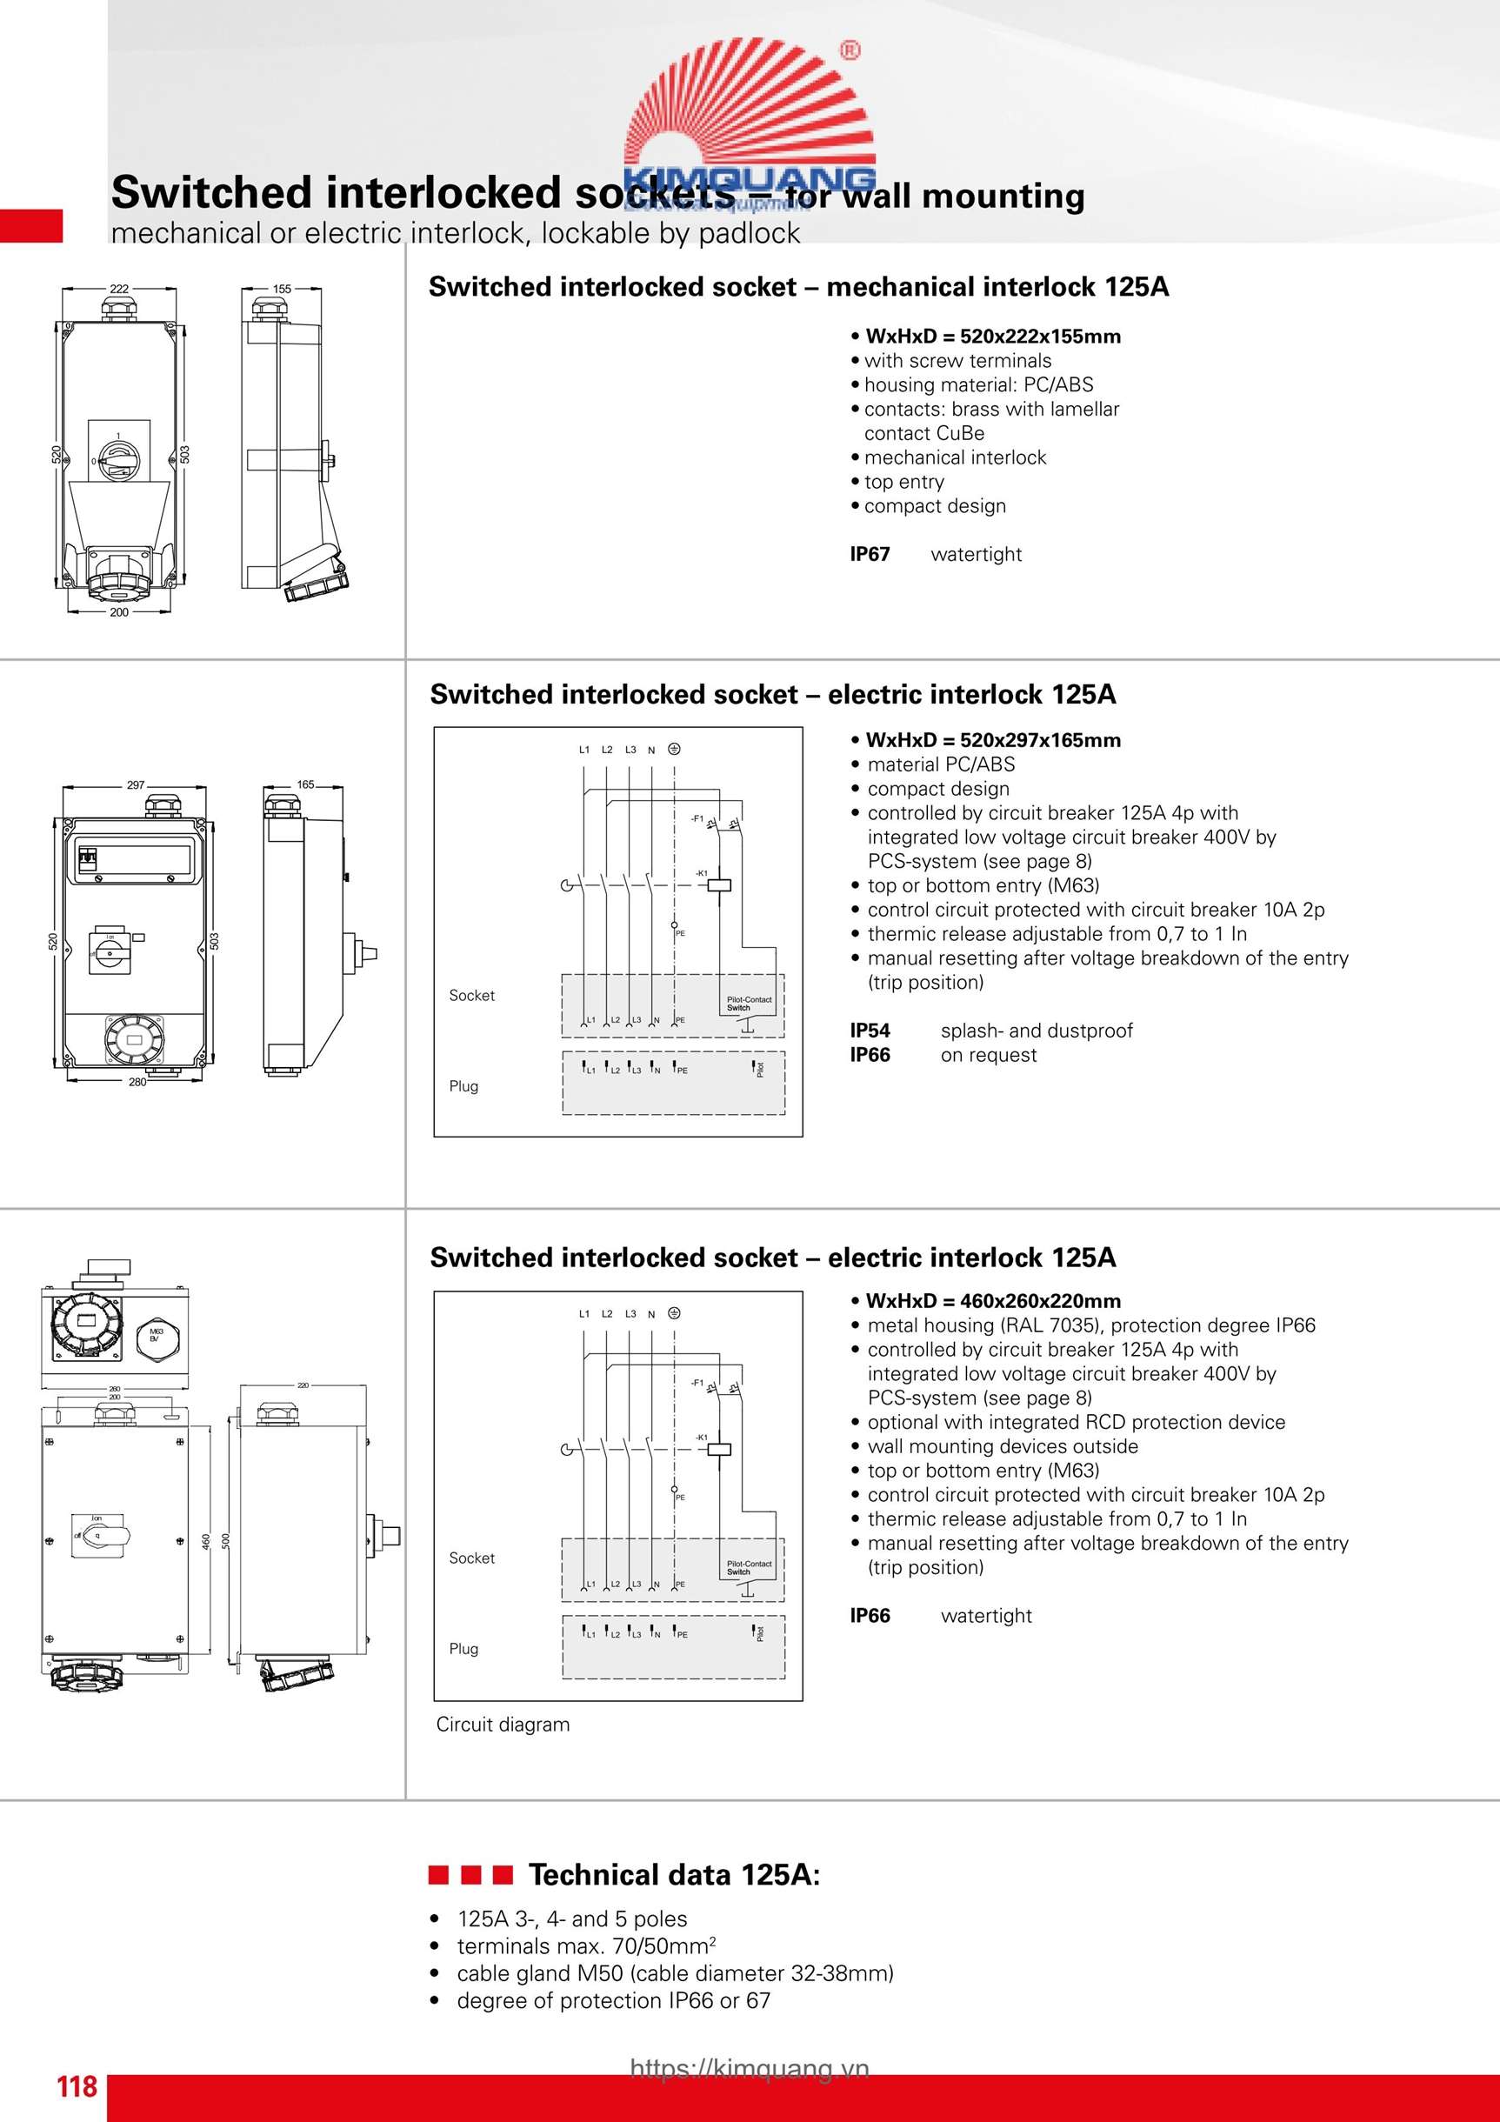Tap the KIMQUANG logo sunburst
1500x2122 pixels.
click(749, 106)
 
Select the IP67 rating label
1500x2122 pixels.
click(870, 555)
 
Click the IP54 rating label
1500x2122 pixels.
click(870, 1031)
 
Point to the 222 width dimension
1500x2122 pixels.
click(119, 289)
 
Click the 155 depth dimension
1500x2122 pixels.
click(281, 289)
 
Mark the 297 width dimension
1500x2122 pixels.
click(136, 784)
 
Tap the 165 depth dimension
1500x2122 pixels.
click(305, 784)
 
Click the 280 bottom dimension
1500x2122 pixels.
click(137, 1082)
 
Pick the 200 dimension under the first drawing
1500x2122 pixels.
click(119, 612)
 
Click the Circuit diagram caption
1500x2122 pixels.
click(503, 1725)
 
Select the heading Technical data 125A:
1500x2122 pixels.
click(674, 1875)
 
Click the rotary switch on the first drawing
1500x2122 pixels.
click(118, 455)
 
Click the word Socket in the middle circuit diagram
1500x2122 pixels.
click(471, 996)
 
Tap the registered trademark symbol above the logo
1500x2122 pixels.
click(850, 50)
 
